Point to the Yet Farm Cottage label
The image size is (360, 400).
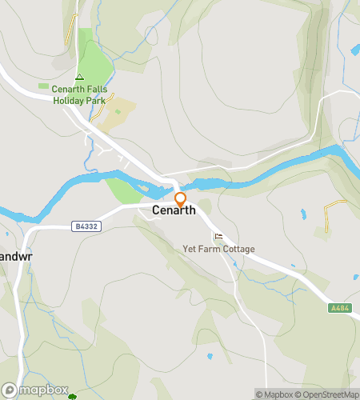point(218,249)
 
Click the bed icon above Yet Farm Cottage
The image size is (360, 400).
point(218,237)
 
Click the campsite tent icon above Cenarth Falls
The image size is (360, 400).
point(78,77)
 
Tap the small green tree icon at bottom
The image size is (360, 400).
point(73,396)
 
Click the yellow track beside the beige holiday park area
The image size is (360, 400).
point(106,105)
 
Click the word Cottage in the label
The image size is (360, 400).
point(238,249)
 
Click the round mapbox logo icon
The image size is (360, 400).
point(10,390)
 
